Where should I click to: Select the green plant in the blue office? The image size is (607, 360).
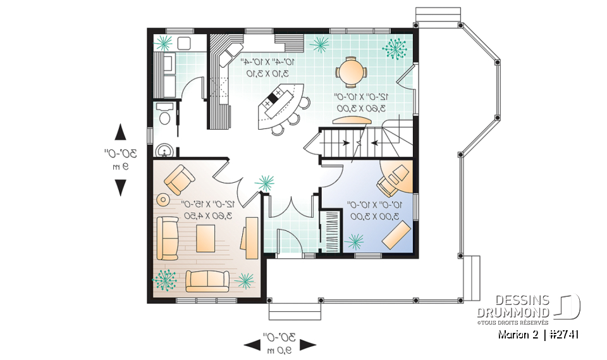point(355,241)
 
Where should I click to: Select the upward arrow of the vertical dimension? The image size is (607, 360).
point(120,132)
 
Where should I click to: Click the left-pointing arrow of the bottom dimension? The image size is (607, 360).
point(252,345)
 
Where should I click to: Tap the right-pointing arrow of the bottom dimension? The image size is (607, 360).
point(308,345)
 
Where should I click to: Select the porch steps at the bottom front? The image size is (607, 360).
point(286,311)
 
